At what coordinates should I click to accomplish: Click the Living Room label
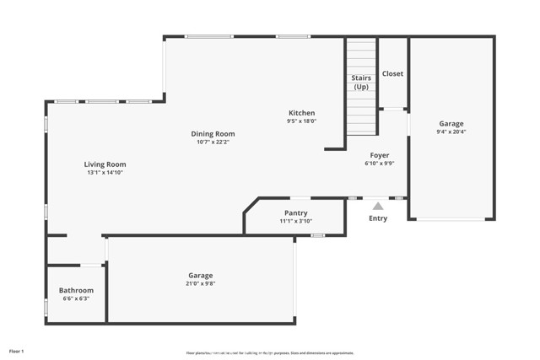105,164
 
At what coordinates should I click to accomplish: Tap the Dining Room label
213,133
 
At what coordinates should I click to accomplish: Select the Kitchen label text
301,113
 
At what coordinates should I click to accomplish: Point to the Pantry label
295,213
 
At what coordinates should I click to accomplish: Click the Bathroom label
76,290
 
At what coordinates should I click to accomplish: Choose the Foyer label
379,155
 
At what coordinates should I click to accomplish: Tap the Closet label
392,73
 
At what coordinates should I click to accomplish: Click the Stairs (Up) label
361,83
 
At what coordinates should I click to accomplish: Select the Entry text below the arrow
378,218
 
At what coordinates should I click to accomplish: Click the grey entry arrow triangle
378,205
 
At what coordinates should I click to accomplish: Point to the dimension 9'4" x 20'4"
451,132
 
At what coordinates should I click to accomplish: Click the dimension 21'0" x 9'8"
200,284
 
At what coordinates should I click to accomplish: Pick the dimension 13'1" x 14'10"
105,173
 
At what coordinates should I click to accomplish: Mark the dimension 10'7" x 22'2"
213,142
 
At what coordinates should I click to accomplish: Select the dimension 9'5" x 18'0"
301,121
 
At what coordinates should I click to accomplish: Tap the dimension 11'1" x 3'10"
295,222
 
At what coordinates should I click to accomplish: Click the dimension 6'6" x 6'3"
76,298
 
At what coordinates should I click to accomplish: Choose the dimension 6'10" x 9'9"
379,164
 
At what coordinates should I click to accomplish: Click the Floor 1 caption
17,350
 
